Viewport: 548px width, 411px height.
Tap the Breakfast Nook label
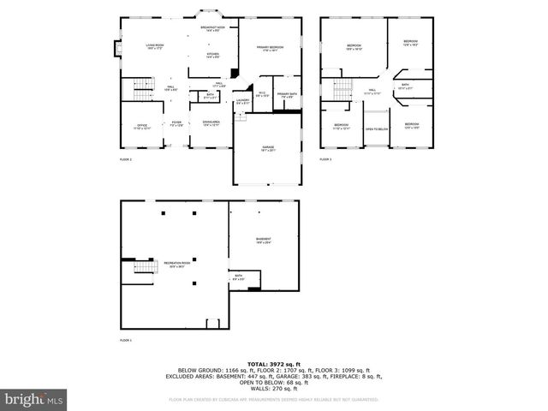point(212,28)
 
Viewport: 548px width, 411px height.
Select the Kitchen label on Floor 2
point(211,55)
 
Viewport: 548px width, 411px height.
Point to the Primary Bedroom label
point(269,49)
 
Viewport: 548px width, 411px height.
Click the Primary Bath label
point(287,94)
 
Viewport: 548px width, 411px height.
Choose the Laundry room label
point(242,101)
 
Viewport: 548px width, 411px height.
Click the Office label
point(142,127)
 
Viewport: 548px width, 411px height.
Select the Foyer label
point(176,123)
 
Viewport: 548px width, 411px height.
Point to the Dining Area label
point(211,123)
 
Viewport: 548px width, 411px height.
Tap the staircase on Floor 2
point(140,85)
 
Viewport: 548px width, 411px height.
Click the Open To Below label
point(376,128)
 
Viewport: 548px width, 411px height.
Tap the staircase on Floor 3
point(342,89)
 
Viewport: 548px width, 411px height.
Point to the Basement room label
point(263,240)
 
